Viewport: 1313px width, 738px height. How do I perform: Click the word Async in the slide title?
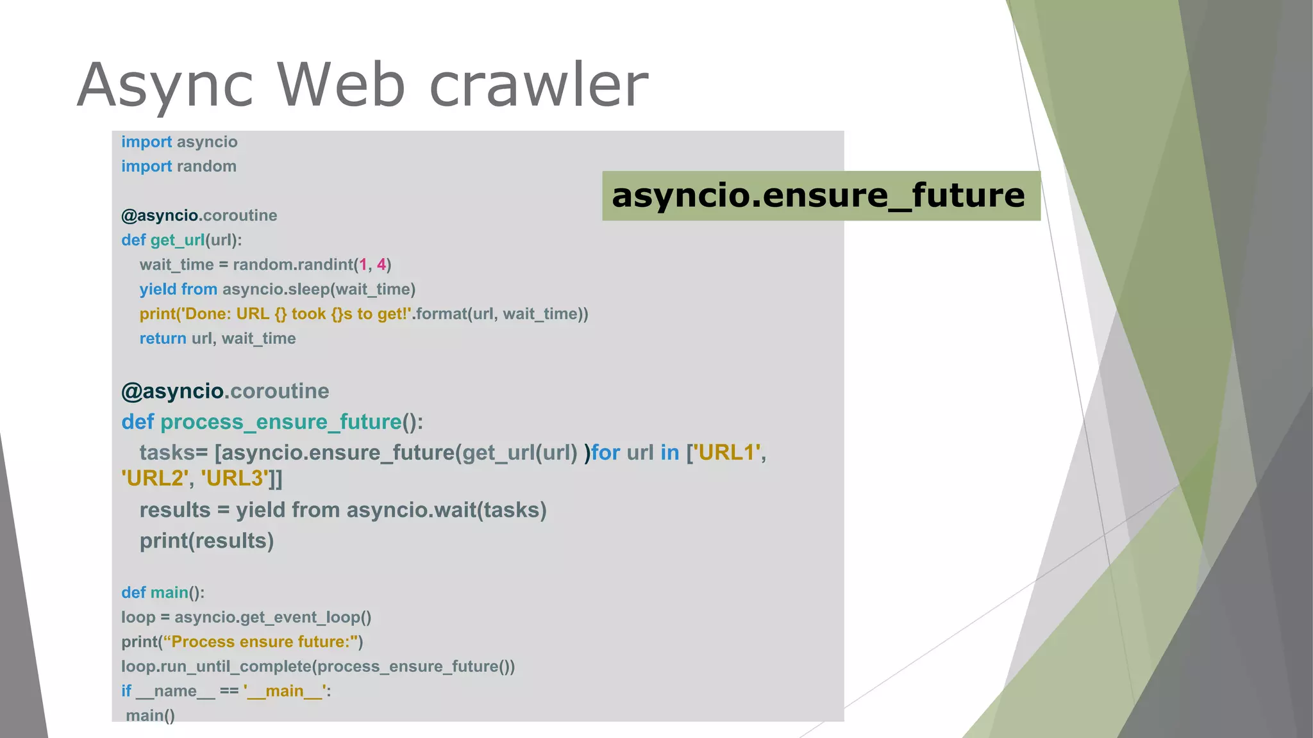(165, 85)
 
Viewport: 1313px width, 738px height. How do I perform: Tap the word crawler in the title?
(539, 85)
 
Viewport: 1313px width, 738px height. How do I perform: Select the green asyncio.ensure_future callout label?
(820, 195)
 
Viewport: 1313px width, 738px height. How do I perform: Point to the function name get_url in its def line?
(178, 240)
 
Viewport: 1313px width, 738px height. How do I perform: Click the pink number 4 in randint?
(381, 265)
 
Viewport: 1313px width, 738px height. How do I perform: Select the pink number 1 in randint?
(363, 265)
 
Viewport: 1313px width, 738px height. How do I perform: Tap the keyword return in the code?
(163, 338)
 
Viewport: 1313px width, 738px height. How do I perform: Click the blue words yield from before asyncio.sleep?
(178, 290)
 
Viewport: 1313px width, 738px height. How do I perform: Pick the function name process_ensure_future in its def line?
(281, 422)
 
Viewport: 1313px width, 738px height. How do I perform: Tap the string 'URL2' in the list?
(155, 479)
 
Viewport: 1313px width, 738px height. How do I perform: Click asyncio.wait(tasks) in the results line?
(446, 510)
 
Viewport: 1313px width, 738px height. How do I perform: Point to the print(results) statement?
(206, 541)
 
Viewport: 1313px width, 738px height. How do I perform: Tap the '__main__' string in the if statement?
(284, 691)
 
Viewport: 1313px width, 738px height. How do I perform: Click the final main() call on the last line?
(150, 716)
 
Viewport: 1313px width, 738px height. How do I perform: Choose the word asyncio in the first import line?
(207, 142)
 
